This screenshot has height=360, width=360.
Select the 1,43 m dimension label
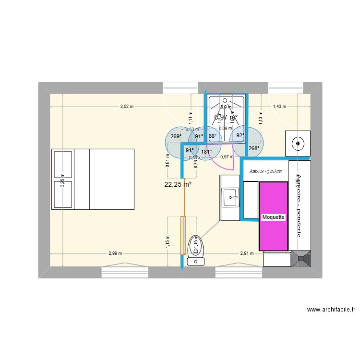279,107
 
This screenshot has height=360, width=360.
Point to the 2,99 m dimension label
115,253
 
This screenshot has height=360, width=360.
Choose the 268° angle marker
253,148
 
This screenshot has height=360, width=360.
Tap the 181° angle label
206,152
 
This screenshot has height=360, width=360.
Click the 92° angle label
240,136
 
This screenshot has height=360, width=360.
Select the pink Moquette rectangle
274,216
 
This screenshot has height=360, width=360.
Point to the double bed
93,179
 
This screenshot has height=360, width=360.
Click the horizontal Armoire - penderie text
266,171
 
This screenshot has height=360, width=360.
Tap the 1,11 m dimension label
191,115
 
